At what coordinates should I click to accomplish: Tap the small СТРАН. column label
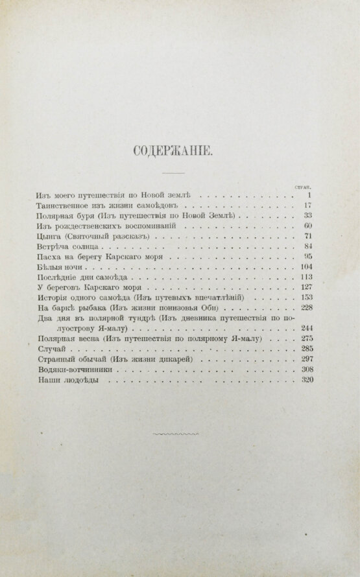[306, 186]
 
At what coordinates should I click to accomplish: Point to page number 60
[308, 226]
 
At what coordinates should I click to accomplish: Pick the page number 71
[308, 237]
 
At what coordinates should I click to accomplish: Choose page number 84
[308, 247]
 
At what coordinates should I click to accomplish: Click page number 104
[306, 268]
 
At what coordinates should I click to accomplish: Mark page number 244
[306, 328]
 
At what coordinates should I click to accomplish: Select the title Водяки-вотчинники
[66, 370]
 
